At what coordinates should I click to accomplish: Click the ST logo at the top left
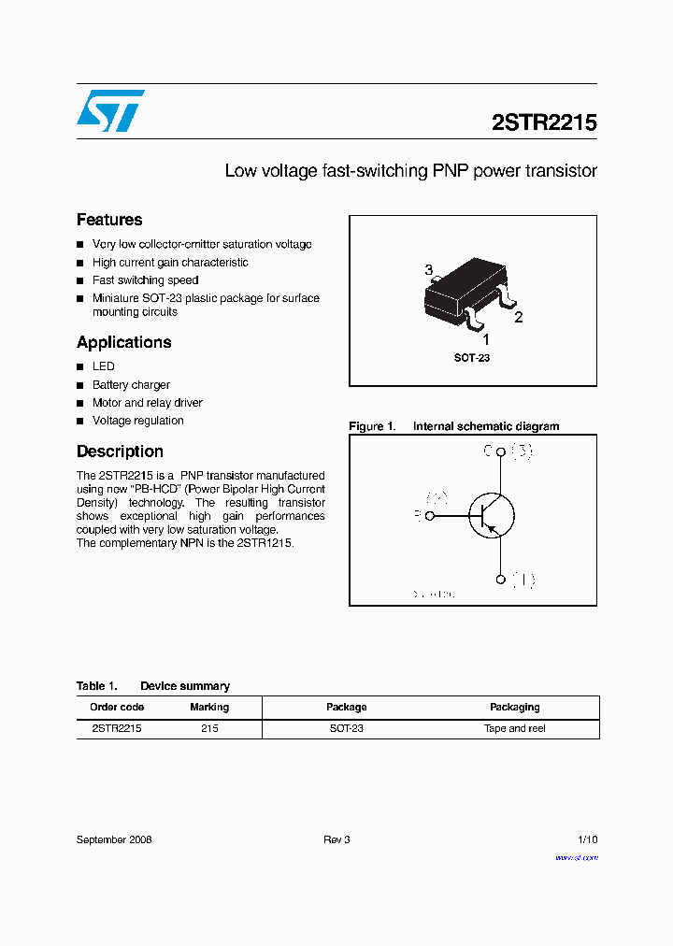pos(110,110)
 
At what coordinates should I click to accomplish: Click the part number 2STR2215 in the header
pos(544,122)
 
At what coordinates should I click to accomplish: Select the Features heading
pos(109,220)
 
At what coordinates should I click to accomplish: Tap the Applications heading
pos(124,342)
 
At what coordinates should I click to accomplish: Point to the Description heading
pos(120,451)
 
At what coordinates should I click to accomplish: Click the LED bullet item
pos(103,366)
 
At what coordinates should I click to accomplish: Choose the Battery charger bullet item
pos(131,385)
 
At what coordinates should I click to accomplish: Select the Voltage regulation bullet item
pos(137,421)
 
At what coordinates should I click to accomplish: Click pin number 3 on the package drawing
pos(429,270)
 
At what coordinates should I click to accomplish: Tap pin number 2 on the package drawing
pos(519,317)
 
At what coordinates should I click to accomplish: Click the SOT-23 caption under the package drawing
pos(472,358)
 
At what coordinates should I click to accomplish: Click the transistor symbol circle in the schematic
pos(492,515)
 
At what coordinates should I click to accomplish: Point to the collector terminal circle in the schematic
pos(501,452)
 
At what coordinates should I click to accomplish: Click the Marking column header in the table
pos(209,708)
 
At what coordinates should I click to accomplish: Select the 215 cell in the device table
pos(209,728)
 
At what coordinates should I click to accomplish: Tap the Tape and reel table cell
pos(515,728)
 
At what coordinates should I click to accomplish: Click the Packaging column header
pos(515,708)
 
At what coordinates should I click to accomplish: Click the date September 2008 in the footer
pos(114,839)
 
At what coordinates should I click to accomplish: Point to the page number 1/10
pos(587,839)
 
